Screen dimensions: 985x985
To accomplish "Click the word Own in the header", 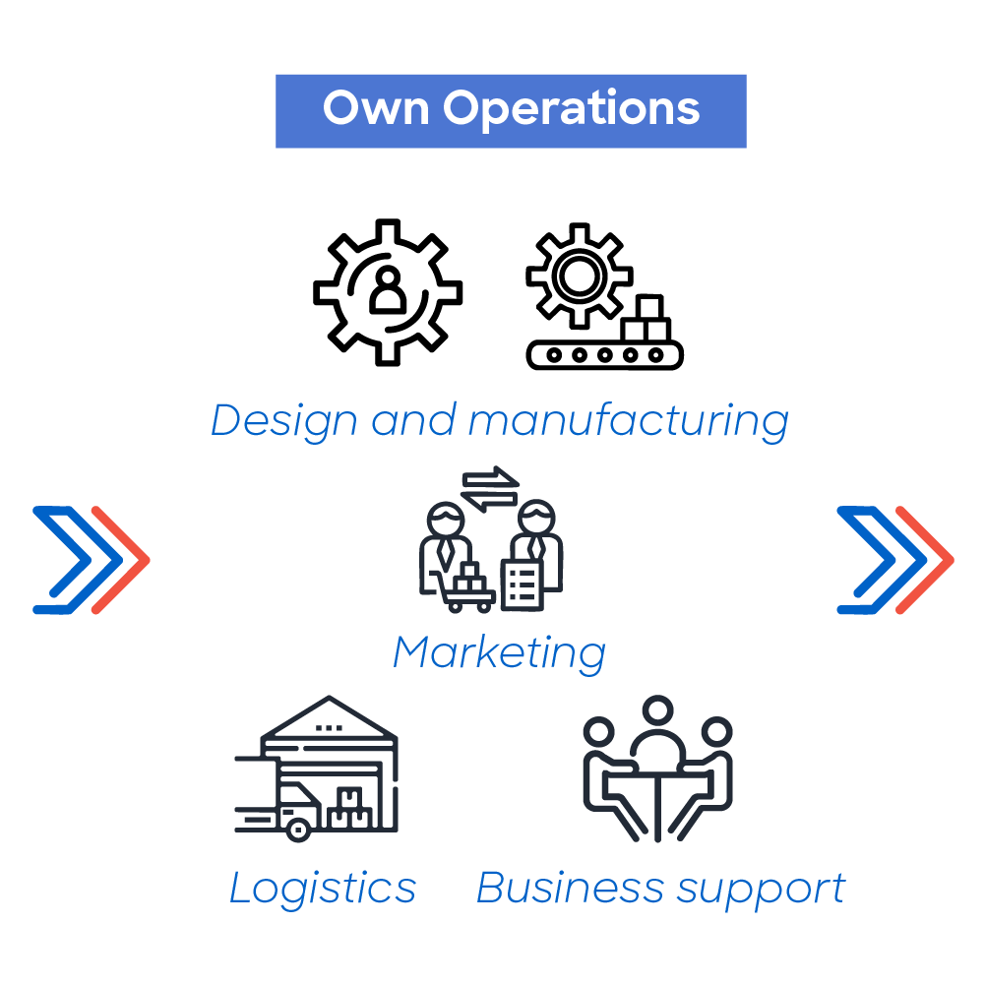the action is [376, 108].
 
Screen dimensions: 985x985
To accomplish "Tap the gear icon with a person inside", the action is [388, 292].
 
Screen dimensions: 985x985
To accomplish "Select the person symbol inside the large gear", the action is [388, 289].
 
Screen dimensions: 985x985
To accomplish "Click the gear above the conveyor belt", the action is [579, 276].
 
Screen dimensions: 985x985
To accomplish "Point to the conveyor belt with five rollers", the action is [604, 355].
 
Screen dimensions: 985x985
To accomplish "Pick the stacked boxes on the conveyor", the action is [646, 319].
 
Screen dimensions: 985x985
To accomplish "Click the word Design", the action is [283, 421].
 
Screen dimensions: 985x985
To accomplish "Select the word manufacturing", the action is [628, 421].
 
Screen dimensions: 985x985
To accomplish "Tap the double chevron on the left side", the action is [92, 560].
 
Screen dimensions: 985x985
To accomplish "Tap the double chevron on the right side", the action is [895, 560].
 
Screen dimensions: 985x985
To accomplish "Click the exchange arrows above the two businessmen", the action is [490, 489].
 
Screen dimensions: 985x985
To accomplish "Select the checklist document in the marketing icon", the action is [523, 585].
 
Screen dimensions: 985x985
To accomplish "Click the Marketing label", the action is [500, 653].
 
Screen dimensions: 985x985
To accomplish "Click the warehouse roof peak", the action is [329, 698].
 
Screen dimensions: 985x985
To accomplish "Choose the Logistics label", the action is [322, 889].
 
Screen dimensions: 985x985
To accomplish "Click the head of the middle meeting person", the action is [657, 710].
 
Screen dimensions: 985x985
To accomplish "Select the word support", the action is [762, 891].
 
